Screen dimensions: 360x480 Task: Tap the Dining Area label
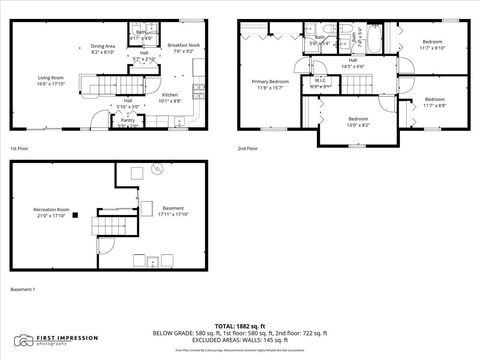(103, 48)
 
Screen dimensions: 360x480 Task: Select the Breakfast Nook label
(182, 48)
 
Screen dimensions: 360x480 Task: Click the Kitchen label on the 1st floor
(169, 97)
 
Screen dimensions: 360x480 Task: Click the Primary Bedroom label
(270, 84)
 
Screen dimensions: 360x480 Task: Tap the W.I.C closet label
(320, 84)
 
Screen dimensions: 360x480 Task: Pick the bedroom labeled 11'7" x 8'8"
(434, 101)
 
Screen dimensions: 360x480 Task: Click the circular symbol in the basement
(156, 170)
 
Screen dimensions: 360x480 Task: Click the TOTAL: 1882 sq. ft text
(240, 326)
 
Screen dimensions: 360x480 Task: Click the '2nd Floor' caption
(248, 148)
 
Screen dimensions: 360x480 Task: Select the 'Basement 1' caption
(22, 289)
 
